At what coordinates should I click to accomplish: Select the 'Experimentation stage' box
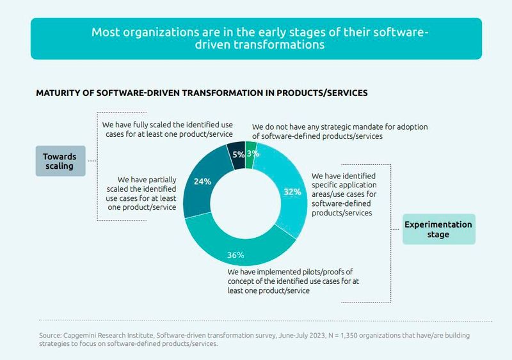click(438, 230)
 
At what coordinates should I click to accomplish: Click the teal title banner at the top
click(256, 38)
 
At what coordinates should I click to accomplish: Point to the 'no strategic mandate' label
click(339, 132)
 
